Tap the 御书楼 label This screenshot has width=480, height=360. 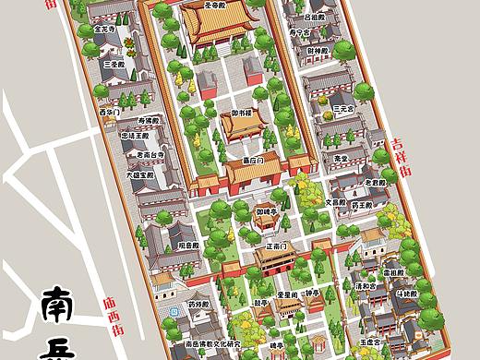click(x=243, y=113)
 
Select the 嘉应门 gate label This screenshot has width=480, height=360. click(x=253, y=160)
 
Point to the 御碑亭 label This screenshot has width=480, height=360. click(x=268, y=211)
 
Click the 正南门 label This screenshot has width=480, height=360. click(x=276, y=246)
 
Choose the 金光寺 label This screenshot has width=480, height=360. click(x=106, y=29)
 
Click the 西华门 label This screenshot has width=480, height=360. click(x=108, y=112)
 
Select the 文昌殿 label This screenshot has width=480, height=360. click(x=334, y=201)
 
